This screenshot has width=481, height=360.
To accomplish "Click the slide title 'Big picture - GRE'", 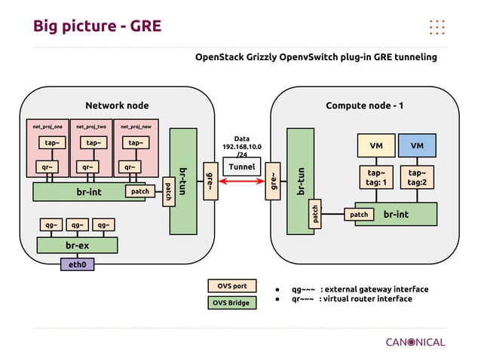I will click(x=97, y=27).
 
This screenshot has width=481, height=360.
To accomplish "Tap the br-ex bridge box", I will click(x=78, y=246).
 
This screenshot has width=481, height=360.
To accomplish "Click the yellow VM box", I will click(x=375, y=145).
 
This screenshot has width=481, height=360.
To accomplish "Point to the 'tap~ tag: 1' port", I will click(x=375, y=177).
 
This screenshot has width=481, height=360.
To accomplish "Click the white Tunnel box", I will click(x=242, y=166).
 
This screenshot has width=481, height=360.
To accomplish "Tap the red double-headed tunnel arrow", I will click(x=241, y=182).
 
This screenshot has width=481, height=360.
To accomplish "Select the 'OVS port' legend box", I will click(x=232, y=286).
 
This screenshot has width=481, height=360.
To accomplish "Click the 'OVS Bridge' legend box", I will click(x=232, y=303).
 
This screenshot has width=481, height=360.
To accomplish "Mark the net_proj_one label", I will click(x=47, y=127).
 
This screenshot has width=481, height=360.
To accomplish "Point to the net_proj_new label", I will click(x=136, y=127).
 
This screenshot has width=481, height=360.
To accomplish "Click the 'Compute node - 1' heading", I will click(x=364, y=105).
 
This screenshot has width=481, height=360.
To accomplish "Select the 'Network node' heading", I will click(x=117, y=105).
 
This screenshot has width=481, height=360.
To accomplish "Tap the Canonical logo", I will click(x=415, y=342).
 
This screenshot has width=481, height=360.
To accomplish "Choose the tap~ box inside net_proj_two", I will click(x=92, y=142).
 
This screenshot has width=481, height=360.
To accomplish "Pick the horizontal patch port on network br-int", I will click(x=140, y=192).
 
